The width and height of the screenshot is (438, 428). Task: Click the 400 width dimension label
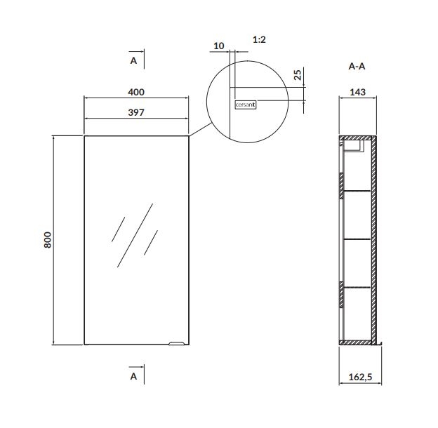coord(136,92)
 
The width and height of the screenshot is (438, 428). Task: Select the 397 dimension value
coord(136,112)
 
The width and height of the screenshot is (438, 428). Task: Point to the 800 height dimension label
coord(48,240)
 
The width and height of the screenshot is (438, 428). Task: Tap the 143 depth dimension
coord(357,92)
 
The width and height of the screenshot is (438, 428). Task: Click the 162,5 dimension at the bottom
coord(360,377)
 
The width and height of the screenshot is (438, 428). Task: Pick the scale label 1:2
coord(259,40)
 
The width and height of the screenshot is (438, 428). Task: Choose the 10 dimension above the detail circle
coord(219,46)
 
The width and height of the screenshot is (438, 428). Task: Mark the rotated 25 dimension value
coord(298,75)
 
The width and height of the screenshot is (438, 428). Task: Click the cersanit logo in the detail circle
coord(246,105)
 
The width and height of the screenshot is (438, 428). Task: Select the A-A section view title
coord(357,67)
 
